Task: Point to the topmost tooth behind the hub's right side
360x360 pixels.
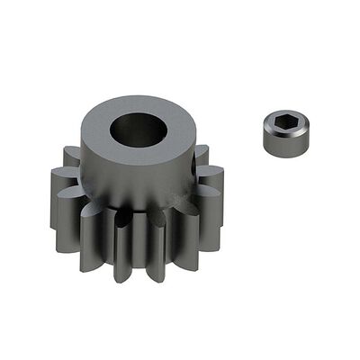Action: tap(202, 153)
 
